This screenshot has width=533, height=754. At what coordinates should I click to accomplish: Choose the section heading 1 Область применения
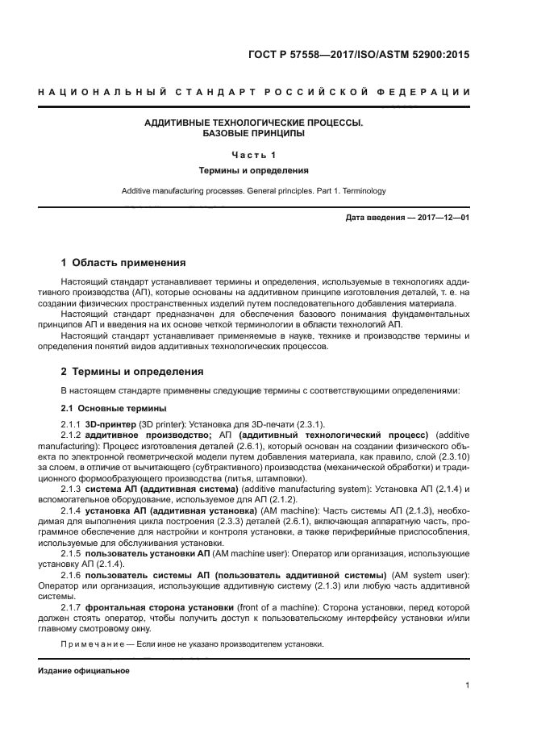pos(124,262)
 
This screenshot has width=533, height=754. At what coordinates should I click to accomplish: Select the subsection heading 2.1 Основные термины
pos(102,408)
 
